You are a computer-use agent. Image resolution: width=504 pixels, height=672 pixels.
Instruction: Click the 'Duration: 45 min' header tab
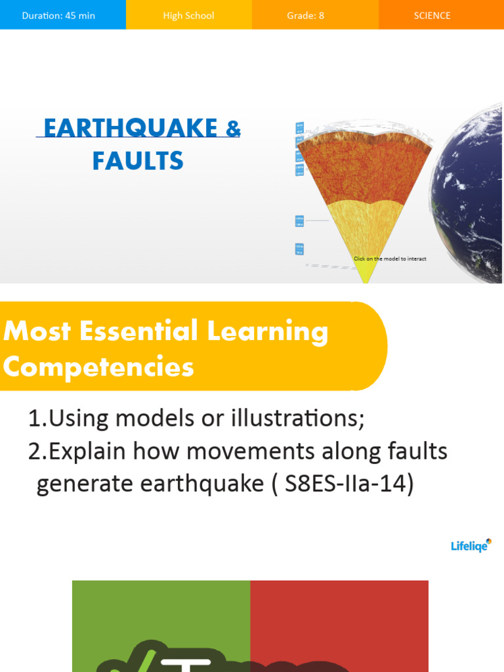coord(58,15)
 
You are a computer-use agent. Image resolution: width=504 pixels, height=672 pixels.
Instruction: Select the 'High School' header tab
coord(188,15)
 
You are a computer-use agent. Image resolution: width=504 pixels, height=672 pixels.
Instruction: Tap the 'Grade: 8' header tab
coord(305,15)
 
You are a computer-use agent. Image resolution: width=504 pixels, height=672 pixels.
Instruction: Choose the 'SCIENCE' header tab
coord(432,15)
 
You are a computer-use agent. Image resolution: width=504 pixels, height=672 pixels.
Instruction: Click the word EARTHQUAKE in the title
coord(131,128)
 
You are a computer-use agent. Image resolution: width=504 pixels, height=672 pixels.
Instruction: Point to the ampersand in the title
coord(233,128)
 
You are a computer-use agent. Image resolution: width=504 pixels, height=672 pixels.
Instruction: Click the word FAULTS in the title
coord(138,161)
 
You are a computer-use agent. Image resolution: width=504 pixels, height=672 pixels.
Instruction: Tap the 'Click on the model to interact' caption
coord(390,259)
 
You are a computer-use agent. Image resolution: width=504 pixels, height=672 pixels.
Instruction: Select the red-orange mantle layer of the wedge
coord(364,171)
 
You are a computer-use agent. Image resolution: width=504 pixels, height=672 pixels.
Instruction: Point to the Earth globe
coord(472,190)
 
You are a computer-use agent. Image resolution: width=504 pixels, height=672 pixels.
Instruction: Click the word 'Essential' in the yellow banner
coord(138,331)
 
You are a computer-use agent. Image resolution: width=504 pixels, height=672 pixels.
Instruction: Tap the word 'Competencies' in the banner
coord(98,366)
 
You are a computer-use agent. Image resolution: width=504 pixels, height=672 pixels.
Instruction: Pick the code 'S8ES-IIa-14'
coord(349,484)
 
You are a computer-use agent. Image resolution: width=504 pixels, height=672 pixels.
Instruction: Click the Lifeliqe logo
coord(471,545)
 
